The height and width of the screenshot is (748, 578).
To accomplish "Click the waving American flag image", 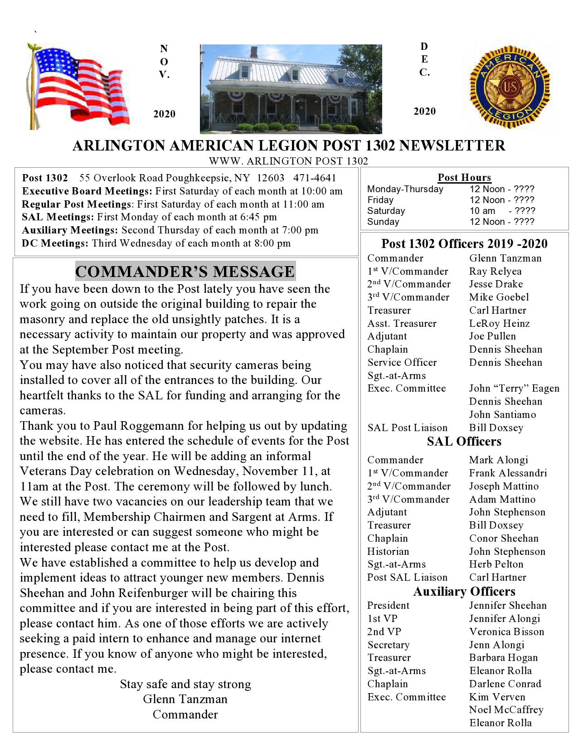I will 78,86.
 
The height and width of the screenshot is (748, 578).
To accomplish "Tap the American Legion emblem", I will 510,86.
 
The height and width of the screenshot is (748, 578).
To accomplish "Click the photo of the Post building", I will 291,89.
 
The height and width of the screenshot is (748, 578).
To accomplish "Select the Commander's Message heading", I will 185,272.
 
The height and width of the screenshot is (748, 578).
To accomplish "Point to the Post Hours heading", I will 464,178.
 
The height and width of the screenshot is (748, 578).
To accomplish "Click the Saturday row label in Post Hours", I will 386,211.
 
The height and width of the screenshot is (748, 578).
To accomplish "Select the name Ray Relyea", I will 495,272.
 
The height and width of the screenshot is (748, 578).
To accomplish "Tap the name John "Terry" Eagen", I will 514,389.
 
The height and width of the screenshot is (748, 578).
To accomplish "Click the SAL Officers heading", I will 464,442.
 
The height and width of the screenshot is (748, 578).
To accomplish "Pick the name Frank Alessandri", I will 508,473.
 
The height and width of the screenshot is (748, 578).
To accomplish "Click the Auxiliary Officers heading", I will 464,592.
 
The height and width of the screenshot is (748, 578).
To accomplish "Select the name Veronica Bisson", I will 506,632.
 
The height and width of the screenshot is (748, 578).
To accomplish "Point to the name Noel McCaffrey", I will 506,710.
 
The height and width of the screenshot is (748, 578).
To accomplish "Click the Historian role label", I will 388,552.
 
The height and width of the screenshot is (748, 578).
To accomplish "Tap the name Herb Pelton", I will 496,564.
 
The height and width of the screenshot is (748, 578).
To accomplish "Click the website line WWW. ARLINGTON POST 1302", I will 288,161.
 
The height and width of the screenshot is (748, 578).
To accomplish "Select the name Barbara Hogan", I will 503,658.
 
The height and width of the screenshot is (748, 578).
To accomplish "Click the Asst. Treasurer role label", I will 402,324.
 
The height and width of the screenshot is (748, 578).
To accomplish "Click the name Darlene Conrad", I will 505,684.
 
